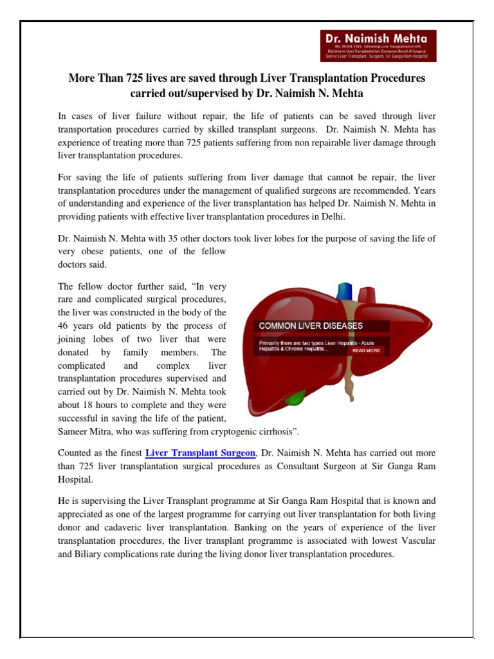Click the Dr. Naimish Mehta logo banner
pos(380,46)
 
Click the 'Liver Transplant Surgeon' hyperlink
pos(201,454)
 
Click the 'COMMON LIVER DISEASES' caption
pos(311,326)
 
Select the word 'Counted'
pos(75,454)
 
